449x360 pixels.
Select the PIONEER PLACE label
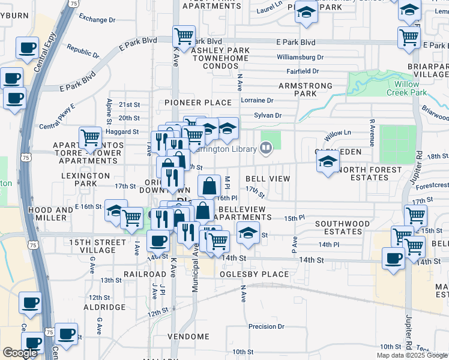click(x=198, y=103)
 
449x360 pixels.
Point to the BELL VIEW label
click(x=268, y=179)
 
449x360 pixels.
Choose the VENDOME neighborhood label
click(x=187, y=337)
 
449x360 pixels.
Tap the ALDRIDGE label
click(x=104, y=307)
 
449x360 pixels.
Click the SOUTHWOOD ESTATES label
click(x=343, y=228)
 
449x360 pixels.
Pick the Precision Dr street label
click(x=266, y=327)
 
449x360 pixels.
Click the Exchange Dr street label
click(x=96, y=20)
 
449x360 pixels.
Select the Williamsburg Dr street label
click(x=300, y=58)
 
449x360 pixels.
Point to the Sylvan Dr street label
click(x=268, y=115)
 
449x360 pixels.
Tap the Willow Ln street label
click(x=337, y=137)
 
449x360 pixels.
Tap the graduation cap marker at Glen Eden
click(x=328, y=161)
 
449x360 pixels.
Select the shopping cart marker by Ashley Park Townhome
click(x=184, y=36)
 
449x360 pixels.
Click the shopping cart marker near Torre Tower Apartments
click(x=91, y=137)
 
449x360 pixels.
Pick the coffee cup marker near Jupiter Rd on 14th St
click(x=394, y=259)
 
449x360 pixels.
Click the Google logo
click(x=20, y=353)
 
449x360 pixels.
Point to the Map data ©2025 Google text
click(x=411, y=355)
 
